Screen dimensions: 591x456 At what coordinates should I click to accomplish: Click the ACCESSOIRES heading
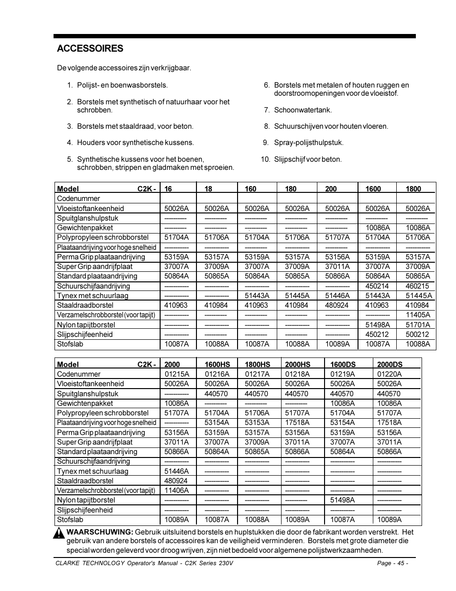tap(90, 48)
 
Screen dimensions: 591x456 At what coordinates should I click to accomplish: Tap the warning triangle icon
tap(59, 533)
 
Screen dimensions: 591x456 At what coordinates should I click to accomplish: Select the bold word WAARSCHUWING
tap(99, 532)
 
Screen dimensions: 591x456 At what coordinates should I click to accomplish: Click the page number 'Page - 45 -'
tap(392, 563)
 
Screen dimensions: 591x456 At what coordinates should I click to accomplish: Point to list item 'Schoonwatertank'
tap(303, 110)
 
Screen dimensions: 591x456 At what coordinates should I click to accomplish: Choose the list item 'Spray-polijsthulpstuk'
tap(308, 143)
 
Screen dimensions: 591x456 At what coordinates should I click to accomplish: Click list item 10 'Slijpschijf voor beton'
tap(307, 159)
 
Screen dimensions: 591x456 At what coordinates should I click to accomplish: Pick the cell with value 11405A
tap(417, 315)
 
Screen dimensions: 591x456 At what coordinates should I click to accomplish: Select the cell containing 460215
tap(417, 286)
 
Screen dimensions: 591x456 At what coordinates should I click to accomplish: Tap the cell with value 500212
tap(417, 335)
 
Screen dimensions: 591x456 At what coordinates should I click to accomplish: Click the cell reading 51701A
tap(417, 325)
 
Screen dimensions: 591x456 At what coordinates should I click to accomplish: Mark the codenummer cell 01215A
tap(176, 374)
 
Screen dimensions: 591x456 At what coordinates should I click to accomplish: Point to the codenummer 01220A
tap(389, 374)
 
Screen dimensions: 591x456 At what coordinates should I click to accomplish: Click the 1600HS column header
tap(217, 365)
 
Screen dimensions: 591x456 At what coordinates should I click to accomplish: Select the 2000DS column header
tap(390, 365)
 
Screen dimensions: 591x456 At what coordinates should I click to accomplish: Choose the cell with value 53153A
tap(257, 423)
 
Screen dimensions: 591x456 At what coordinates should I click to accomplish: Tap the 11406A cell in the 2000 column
tap(176, 491)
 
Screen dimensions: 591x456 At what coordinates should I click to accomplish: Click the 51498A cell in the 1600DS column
tap(342, 500)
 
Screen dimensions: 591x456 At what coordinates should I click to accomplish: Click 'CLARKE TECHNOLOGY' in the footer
tap(90, 563)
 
